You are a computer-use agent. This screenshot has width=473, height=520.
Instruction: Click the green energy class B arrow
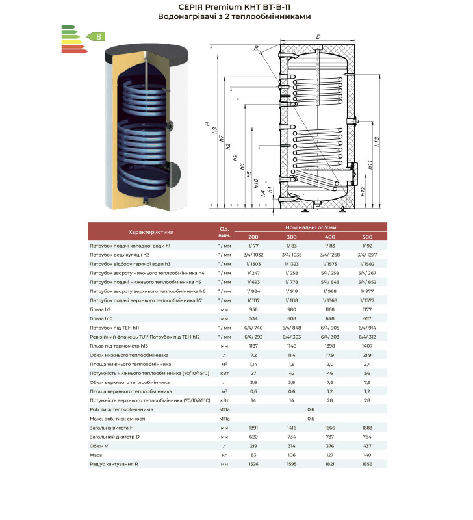(x=96, y=36)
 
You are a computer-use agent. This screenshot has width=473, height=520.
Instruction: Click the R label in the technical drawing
(x=257, y=47)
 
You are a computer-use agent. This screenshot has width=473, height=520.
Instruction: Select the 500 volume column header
(x=368, y=237)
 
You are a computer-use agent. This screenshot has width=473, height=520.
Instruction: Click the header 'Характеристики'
(x=151, y=231)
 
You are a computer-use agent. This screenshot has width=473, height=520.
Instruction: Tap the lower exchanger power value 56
(x=368, y=374)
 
